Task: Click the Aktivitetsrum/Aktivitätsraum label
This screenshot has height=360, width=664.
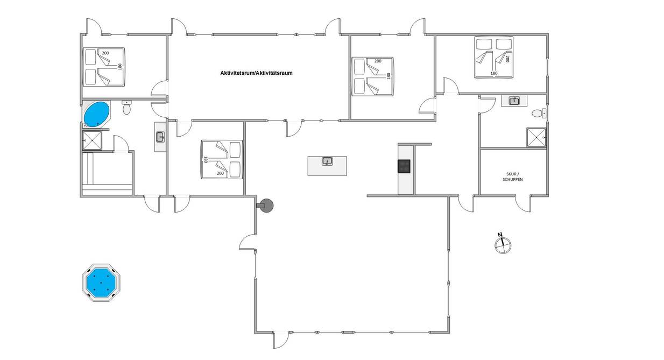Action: [256, 73]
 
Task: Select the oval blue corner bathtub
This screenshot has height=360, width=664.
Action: [97, 115]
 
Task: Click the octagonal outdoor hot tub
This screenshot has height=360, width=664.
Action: [101, 283]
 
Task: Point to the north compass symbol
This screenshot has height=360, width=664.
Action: [503, 244]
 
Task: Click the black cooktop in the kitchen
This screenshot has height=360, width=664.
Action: [404, 166]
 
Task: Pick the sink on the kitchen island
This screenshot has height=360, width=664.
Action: [327, 161]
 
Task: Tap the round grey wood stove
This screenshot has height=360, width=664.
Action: [265, 206]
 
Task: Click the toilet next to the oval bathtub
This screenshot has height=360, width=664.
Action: [126, 107]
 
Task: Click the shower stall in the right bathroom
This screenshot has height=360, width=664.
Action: [536, 137]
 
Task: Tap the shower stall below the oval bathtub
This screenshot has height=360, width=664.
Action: [92, 140]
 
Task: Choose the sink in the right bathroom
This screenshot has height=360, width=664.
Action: [514, 101]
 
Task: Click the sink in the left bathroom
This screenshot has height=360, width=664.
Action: [160, 137]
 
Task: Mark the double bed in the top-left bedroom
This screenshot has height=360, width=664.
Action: [103, 67]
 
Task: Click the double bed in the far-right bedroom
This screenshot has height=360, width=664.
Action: [493, 57]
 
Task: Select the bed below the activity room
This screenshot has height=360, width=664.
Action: [222, 159]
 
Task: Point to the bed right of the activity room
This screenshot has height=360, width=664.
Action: [372, 76]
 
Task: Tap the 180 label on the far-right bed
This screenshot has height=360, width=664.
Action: [494, 73]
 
